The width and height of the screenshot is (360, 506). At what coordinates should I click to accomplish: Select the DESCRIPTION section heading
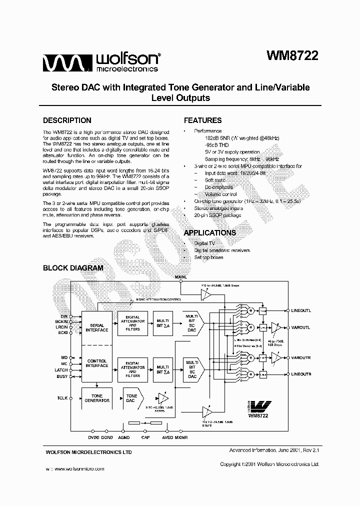point(67,120)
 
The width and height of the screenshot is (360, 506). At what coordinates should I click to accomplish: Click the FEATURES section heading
point(202,120)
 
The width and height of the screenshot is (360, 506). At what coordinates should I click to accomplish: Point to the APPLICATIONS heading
point(209,233)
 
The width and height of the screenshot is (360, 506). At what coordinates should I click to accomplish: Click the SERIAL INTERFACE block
point(97,327)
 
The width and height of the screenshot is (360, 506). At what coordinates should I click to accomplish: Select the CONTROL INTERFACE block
point(97,363)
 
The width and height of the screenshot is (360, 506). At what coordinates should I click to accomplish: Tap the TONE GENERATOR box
point(97,398)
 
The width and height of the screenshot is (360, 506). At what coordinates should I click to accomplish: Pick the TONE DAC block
point(131,398)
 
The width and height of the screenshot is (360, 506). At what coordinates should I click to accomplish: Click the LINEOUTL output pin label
point(301,310)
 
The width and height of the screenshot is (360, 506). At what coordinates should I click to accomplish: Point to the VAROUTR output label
point(301,358)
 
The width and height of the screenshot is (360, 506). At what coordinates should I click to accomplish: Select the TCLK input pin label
point(62,398)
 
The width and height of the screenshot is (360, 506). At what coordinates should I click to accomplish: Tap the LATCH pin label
point(61,369)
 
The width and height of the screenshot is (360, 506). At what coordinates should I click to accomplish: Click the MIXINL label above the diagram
point(181,276)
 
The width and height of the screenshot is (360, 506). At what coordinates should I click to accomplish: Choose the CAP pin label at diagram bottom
point(145,437)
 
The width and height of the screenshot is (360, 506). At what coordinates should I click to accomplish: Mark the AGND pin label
point(123,437)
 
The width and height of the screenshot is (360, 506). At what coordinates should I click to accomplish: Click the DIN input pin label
point(63,316)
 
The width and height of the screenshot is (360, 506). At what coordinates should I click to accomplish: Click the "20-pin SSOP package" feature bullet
point(217,215)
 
